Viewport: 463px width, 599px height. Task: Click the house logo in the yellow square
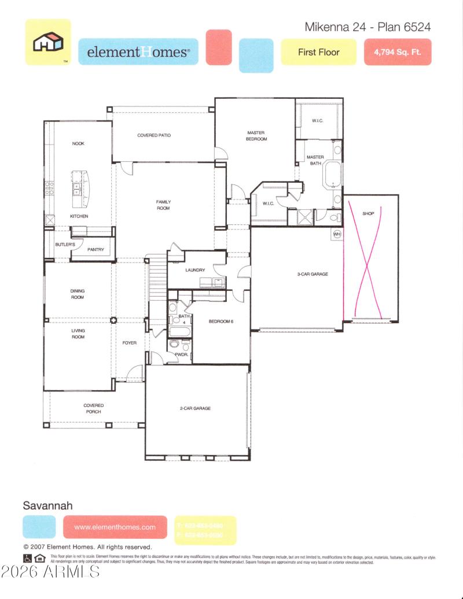(x=47, y=42)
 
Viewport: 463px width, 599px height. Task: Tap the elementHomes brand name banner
(x=138, y=52)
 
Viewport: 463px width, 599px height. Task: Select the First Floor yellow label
(x=318, y=52)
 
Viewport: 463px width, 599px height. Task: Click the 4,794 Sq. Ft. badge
(x=398, y=52)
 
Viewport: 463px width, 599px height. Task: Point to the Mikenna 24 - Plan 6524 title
(x=368, y=27)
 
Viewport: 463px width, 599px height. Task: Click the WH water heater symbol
(x=337, y=234)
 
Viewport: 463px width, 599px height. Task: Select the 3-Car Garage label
(x=313, y=274)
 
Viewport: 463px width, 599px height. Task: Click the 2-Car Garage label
(x=195, y=408)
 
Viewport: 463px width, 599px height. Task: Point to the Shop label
(x=369, y=213)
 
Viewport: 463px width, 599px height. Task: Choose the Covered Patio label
(x=154, y=135)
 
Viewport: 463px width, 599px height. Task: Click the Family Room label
(x=163, y=205)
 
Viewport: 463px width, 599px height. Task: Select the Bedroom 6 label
(x=221, y=321)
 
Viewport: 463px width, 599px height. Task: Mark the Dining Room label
(x=78, y=294)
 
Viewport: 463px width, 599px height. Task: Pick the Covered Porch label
(x=93, y=408)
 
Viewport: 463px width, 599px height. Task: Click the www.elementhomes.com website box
(x=115, y=527)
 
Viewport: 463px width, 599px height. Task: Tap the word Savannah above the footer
(x=47, y=505)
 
